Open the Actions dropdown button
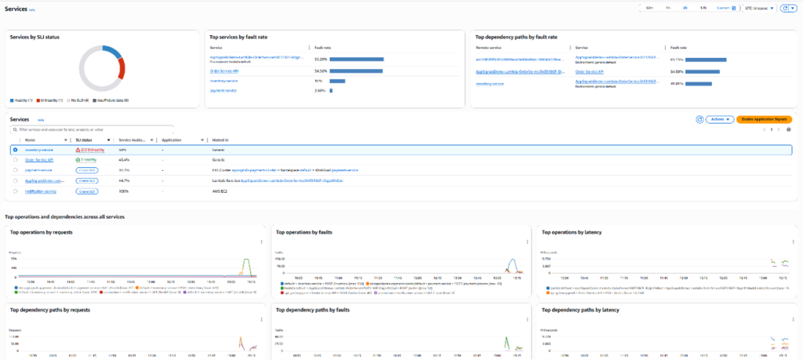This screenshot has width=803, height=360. pyautogui.click(x=719, y=119)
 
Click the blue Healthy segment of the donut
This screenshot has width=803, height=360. pyautogui.click(x=112, y=52)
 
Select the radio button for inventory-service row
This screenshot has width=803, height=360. pyautogui.click(x=15, y=149)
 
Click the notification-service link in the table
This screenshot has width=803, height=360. pyautogui.click(x=41, y=190)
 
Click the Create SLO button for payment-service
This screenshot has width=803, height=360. pyautogui.click(x=87, y=169)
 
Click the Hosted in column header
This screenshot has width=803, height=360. pyautogui.click(x=220, y=140)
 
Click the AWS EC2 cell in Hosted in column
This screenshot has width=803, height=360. pyautogui.click(x=220, y=190)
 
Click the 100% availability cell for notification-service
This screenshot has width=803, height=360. pyautogui.click(x=122, y=190)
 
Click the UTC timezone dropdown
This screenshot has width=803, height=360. pyautogui.click(x=758, y=8)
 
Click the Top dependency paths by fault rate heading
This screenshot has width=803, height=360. pyautogui.click(x=517, y=36)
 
